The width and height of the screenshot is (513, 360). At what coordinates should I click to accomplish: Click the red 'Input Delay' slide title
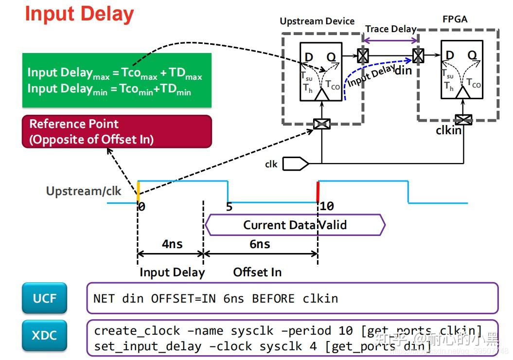(x=79, y=14)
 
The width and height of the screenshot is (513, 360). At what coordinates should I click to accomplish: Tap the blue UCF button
(x=44, y=298)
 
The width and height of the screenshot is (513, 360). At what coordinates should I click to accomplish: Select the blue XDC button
(x=44, y=335)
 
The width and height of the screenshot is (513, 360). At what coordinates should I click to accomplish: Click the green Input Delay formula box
(x=117, y=80)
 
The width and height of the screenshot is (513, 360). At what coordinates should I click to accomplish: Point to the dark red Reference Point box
(x=117, y=131)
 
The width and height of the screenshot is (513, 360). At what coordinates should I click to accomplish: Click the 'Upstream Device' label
(x=317, y=21)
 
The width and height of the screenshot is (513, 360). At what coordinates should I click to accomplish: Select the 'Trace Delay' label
(x=390, y=29)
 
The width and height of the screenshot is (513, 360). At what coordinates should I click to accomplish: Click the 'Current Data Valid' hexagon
(x=295, y=225)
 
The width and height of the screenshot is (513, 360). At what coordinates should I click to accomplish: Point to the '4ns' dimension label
(x=172, y=243)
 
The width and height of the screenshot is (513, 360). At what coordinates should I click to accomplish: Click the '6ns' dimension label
(x=260, y=243)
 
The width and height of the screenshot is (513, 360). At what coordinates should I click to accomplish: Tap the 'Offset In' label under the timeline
(x=257, y=272)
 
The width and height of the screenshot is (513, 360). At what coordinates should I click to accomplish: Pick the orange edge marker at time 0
(x=138, y=189)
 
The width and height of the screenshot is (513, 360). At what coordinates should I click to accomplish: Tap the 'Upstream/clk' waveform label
(x=83, y=191)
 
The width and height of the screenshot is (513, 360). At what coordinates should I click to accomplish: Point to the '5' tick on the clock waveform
(x=229, y=206)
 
